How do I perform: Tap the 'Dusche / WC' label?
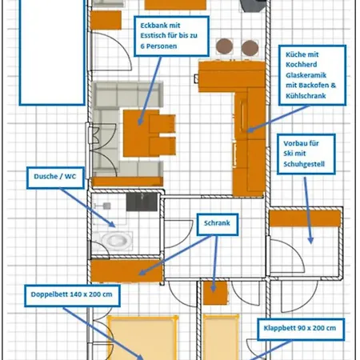(x=55, y=178)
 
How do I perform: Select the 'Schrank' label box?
(x=218, y=224)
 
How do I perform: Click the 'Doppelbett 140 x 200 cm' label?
(x=72, y=295)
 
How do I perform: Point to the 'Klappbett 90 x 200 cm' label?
(x=301, y=329)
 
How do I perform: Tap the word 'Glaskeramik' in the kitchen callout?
(x=306, y=75)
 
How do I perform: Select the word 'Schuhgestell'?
(x=304, y=164)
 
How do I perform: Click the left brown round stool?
(x=224, y=46)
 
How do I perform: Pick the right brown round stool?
(x=250, y=48)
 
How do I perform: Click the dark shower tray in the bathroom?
(x=142, y=202)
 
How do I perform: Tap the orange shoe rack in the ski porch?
(x=305, y=218)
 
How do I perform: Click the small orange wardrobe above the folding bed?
(x=215, y=293)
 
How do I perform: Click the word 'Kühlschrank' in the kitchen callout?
(x=306, y=96)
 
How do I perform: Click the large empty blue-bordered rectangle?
(x=52, y=52)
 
